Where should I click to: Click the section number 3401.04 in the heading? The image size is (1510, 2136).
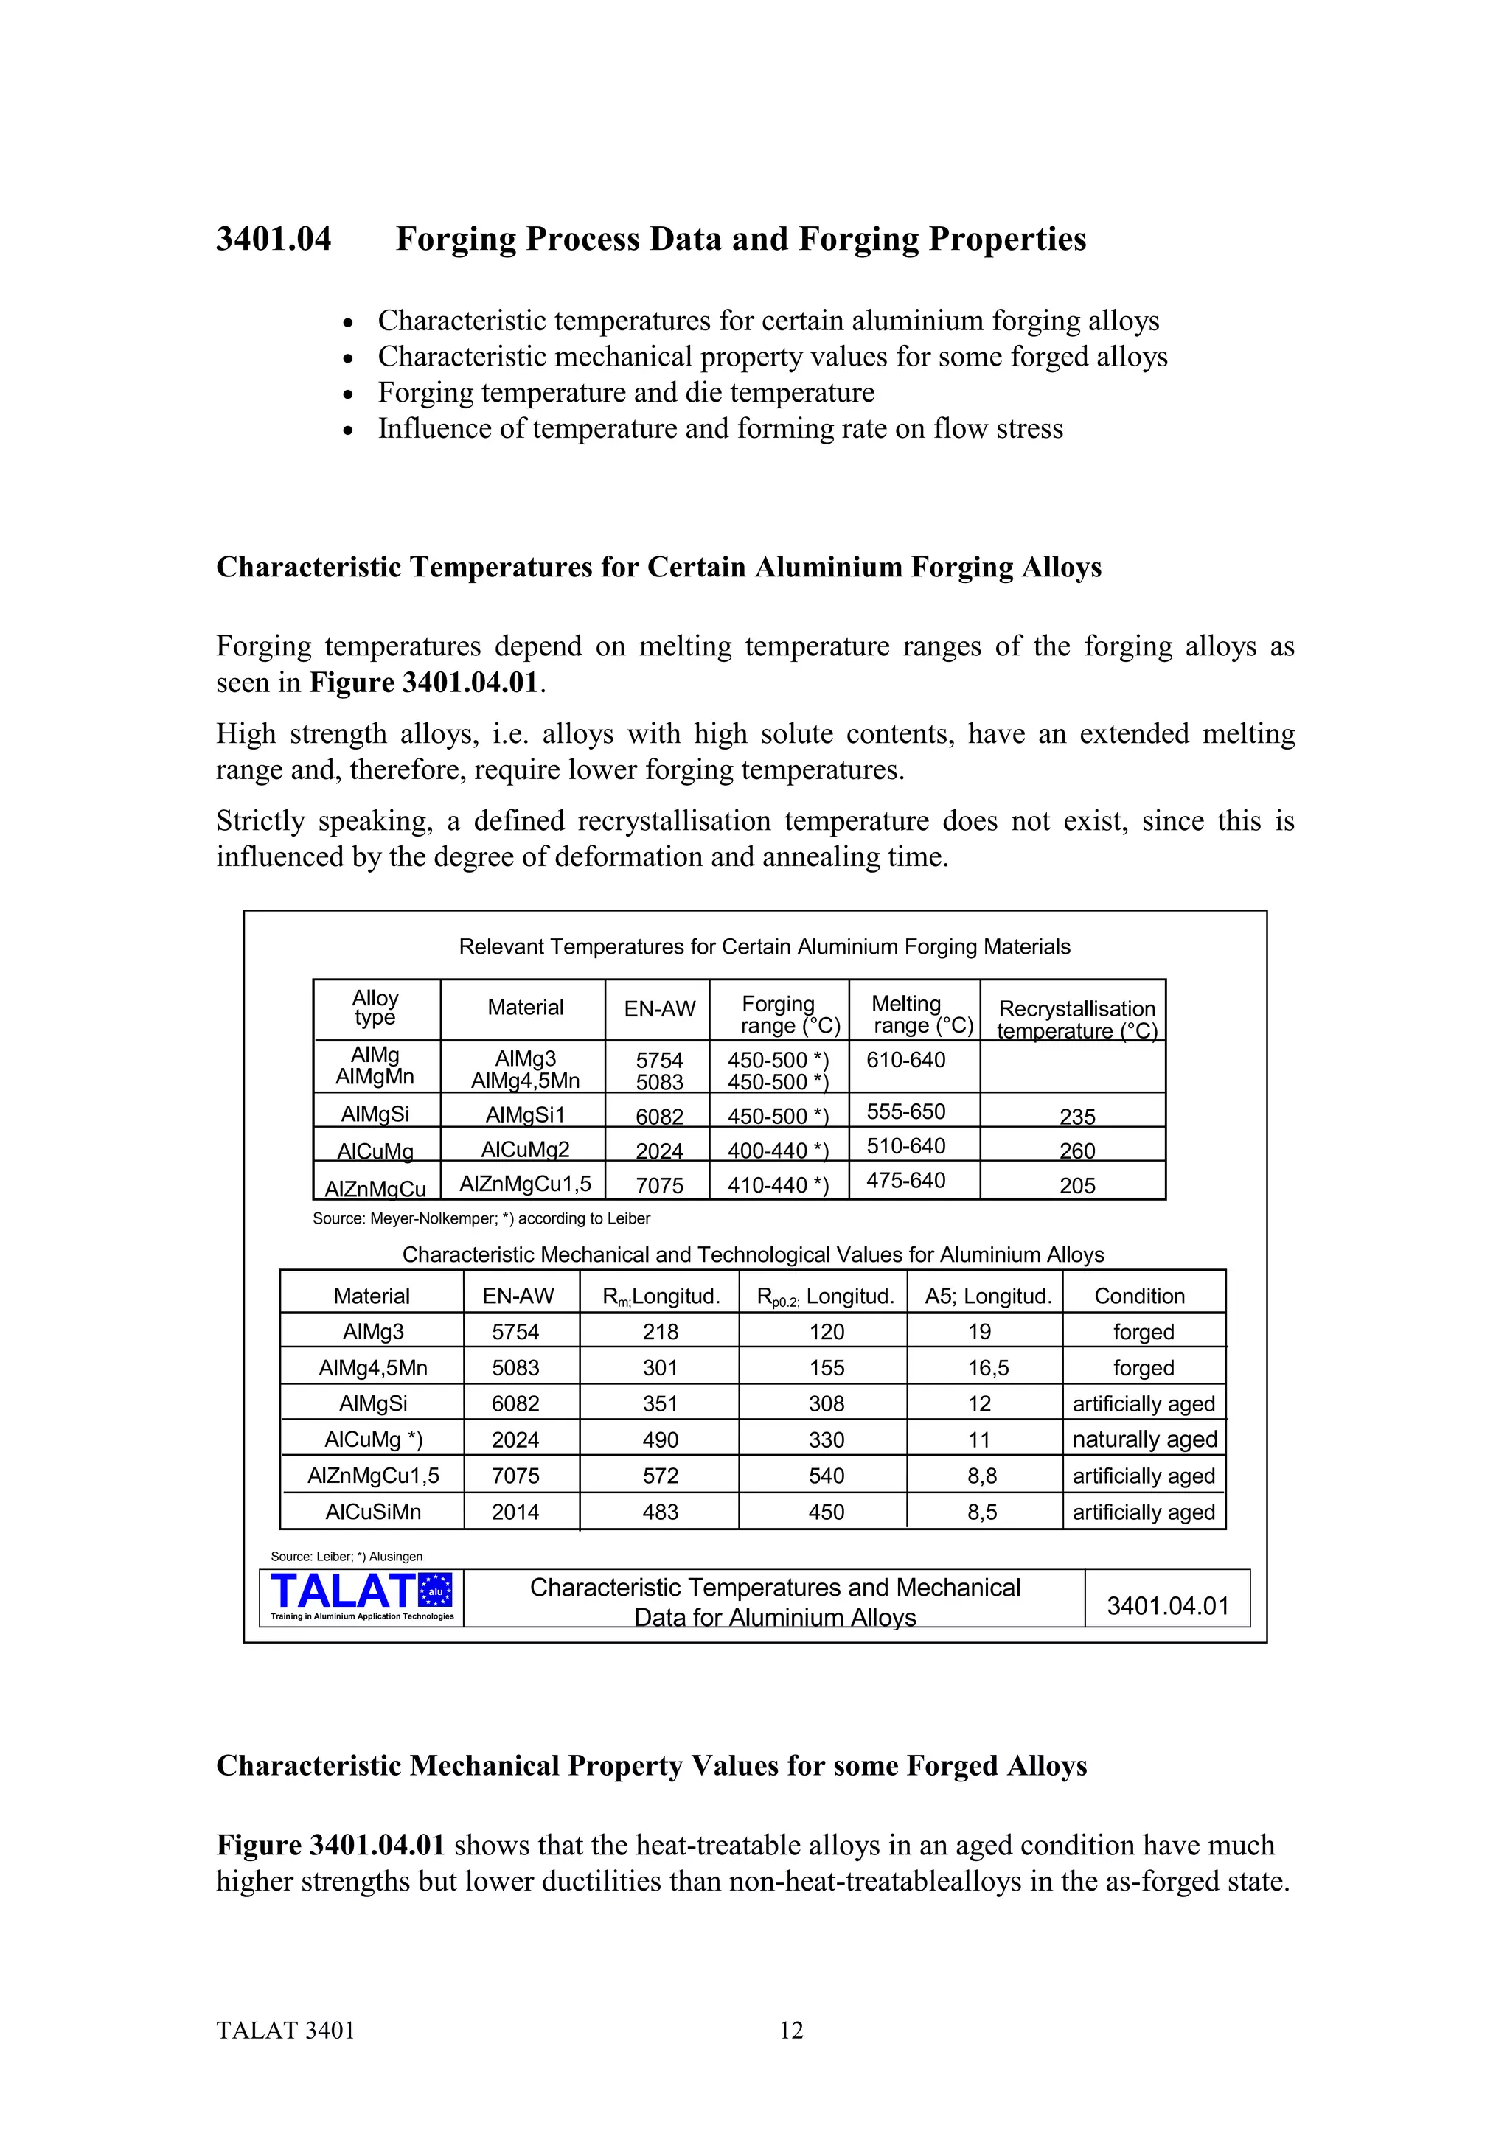pyautogui.click(x=274, y=239)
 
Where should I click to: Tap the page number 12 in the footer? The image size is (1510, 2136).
pyautogui.click(x=791, y=2030)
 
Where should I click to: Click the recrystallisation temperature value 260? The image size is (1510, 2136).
pyautogui.click(x=1076, y=1151)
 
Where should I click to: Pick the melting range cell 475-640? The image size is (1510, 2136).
pyautogui.click(x=905, y=1181)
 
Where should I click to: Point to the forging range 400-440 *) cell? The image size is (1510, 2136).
pyautogui.click(x=778, y=1151)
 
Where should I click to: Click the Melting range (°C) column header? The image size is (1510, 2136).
pyautogui.click(x=913, y=1014)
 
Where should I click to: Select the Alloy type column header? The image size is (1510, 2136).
pyautogui.click(x=375, y=1008)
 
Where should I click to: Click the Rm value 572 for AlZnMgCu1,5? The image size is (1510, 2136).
pyautogui.click(x=660, y=1476)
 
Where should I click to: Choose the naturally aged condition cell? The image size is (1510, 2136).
pyautogui.click(x=1144, y=1439)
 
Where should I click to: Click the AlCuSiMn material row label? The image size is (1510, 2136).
pyautogui.click(x=373, y=1512)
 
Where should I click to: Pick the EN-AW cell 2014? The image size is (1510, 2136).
pyautogui.click(x=515, y=1512)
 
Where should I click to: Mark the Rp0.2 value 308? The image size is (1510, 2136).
pyautogui.click(x=827, y=1404)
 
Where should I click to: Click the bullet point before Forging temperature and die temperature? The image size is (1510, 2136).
pyautogui.click(x=348, y=394)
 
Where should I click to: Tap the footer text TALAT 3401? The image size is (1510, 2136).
pyautogui.click(x=285, y=2030)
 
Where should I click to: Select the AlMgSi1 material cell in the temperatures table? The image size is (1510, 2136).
pyautogui.click(x=525, y=1114)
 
